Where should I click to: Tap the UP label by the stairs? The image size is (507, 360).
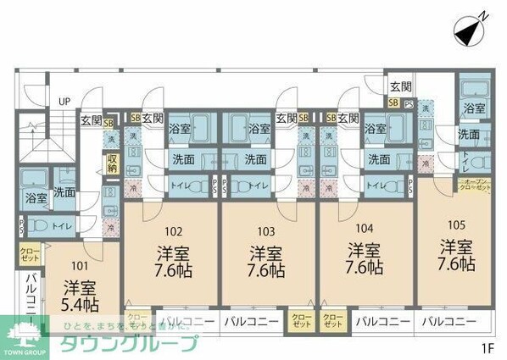coord(64,101)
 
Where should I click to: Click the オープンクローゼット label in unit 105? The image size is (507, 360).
coord(471,186)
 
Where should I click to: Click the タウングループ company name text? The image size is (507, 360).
coord(127,342)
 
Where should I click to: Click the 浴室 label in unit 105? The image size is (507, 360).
coord(473,108)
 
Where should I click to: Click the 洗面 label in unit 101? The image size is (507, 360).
coord(64,192)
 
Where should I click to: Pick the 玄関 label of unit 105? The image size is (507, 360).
coord(400,86)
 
